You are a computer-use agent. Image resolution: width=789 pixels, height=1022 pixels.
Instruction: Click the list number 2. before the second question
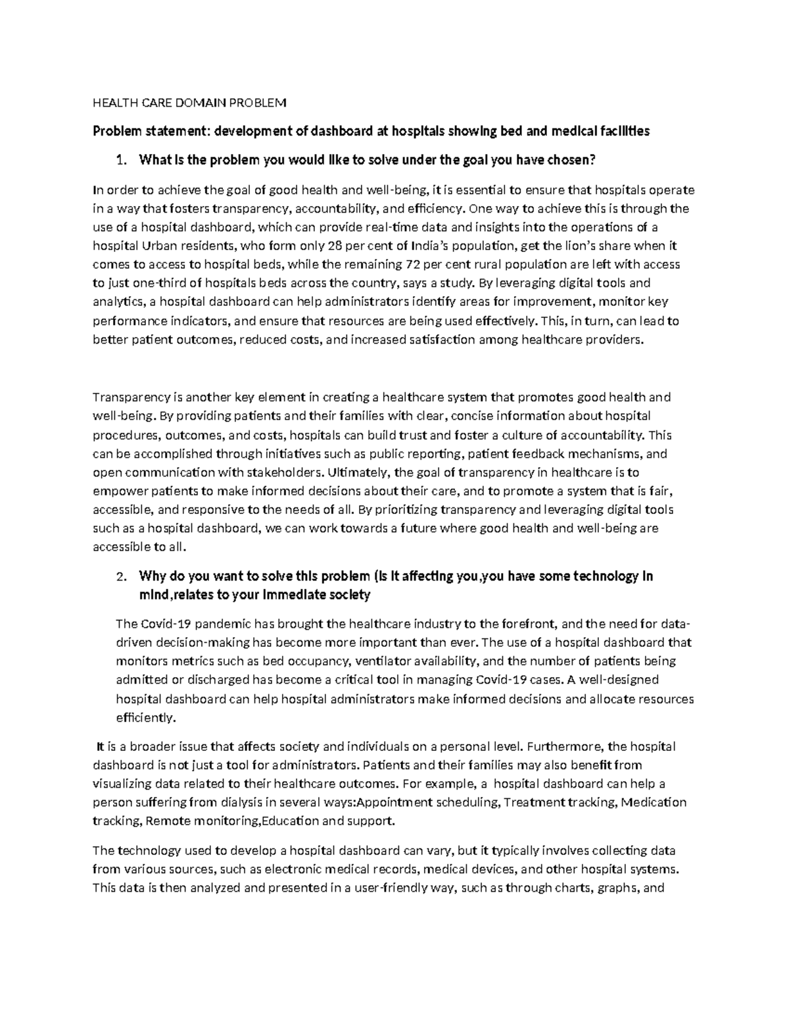click(120, 577)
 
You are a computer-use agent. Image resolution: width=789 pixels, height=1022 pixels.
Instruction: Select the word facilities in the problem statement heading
click(619, 131)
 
